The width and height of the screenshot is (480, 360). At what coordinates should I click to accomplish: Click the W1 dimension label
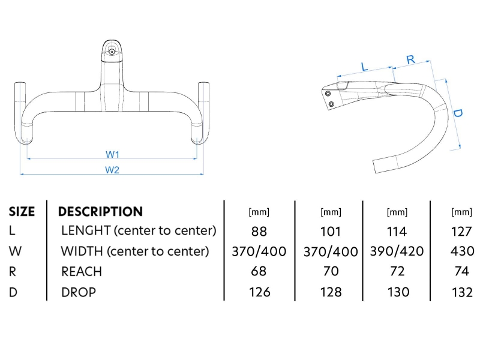coord(113,154)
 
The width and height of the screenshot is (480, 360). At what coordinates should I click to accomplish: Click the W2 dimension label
coord(113,170)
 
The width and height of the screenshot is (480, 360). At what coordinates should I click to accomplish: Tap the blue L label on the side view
coord(364,66)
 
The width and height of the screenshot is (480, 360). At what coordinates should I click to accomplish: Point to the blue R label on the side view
coord(411,59)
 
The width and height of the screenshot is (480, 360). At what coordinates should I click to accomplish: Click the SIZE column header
coord(22,211)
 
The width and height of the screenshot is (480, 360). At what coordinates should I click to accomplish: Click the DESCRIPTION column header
coord(100,211)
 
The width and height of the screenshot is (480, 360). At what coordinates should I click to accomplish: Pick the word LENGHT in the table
coord(86,231)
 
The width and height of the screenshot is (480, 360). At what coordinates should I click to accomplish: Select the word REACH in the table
coord(82,271)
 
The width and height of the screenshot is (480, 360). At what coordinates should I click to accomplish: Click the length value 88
coord(259,232)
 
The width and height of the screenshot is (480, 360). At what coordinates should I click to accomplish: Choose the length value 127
coord(461,232)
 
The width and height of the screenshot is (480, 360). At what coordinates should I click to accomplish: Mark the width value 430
coord(461,251)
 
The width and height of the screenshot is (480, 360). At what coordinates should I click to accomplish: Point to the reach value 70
coord(331,272)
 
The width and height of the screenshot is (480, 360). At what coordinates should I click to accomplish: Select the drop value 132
coord(461,292)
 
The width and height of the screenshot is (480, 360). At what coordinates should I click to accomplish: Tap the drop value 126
coord(259,292)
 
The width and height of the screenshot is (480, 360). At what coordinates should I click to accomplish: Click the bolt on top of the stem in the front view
coord(112,52)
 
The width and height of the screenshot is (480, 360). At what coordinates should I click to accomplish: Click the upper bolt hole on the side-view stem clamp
coord(328,94)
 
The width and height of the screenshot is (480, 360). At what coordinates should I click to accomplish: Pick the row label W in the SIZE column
coord(14,251)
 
